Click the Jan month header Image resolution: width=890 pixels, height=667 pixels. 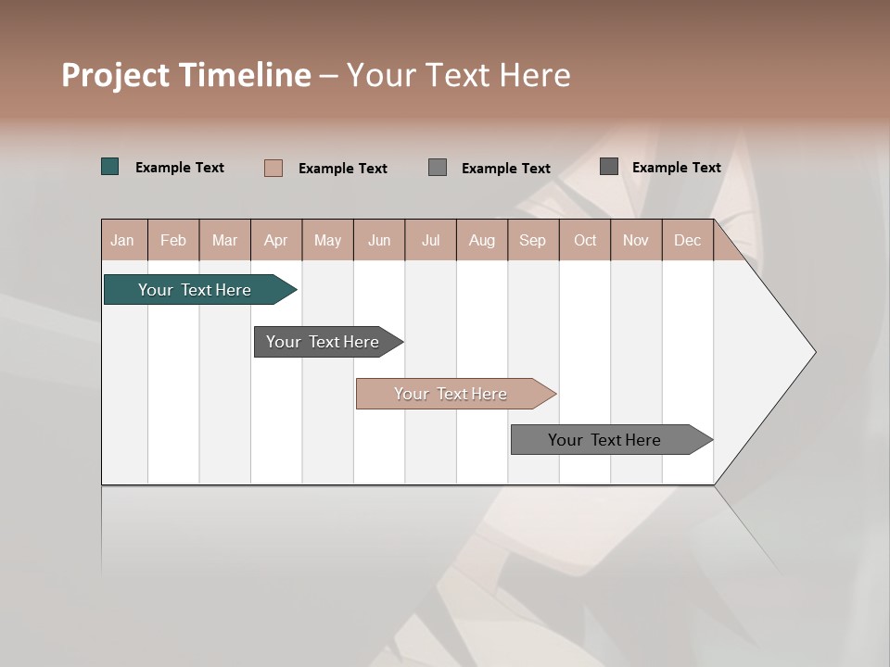click(x=123, y=241)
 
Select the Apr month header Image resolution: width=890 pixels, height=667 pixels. click(x=276, y=241)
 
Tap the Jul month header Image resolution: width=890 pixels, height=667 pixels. click(x=431, y=241)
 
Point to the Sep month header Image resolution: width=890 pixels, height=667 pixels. click(x=533, y=241)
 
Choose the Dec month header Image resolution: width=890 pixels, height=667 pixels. click(x=688, y=241)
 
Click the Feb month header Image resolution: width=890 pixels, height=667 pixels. click(x=173, y=241)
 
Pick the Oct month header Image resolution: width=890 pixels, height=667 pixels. click(x=585, y=241)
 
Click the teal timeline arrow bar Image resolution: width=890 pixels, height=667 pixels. click(x=195, y=290)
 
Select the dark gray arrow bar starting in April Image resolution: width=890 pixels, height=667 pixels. click(x=323, y=342)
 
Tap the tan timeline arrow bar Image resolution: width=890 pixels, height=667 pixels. click(x=451, y=394)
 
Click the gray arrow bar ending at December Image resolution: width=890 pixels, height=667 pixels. click(x=604, y=440)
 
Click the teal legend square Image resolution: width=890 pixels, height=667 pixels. click(x=110, y=167)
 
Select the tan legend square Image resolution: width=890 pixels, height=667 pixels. click(x=273, y=168)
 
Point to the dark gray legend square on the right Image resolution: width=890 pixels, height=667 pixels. click(x=609, y=167)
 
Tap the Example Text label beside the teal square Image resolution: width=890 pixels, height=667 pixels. click(x=180, y=168)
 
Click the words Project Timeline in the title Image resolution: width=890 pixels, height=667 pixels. click(x=185, y=75)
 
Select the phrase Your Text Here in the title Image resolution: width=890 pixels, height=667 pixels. click(x=459, y=75)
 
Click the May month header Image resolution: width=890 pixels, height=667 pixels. click(x=327, y=241)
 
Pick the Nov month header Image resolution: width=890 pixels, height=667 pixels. click(x=636, y=241)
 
